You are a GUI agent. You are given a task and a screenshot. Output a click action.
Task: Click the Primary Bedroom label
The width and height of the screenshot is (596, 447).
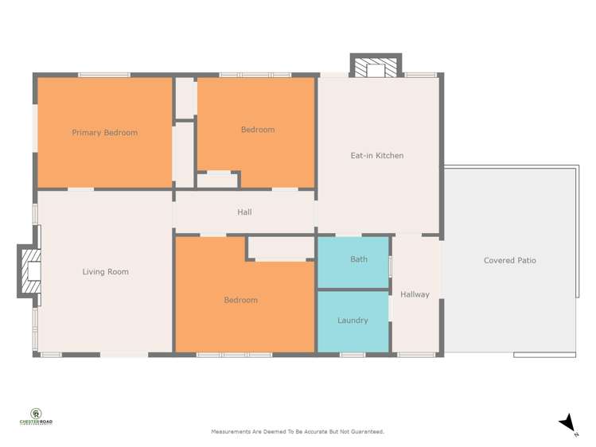tap(104, 133)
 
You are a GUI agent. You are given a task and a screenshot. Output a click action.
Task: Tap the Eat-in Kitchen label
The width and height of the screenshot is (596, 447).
tap(376, 156)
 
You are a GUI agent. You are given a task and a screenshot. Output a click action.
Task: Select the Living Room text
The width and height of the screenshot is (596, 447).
tap(105, 272)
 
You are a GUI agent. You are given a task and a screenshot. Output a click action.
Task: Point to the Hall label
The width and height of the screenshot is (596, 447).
tap(244, 212)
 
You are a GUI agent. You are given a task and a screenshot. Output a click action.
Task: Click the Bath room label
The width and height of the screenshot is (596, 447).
tap(358, 259)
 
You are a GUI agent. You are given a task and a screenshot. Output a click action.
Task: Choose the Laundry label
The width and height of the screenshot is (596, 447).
tap(353, 321)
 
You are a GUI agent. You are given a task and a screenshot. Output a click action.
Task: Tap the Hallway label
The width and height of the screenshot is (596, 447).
tap(415, 294)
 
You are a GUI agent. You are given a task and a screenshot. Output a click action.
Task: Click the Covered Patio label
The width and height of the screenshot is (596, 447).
tap(509, 260)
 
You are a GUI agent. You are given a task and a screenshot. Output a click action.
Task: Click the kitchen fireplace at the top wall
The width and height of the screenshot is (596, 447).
tap(376, 68)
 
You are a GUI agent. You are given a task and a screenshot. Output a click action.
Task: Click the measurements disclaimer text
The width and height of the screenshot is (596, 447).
tap(297, 432)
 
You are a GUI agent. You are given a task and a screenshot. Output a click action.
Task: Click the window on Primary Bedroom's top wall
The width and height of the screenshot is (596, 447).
tap(103, 75)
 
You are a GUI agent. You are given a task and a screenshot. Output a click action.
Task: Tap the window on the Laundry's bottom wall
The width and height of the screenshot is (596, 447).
tap(353, 354)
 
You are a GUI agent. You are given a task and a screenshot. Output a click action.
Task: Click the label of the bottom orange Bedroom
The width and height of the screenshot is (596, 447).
tap(240, 300)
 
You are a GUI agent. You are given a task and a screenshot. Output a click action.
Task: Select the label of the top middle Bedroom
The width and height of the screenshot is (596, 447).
tap(257, 130)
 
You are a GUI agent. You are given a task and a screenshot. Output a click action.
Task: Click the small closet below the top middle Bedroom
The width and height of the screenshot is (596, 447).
tap(217, 180)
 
